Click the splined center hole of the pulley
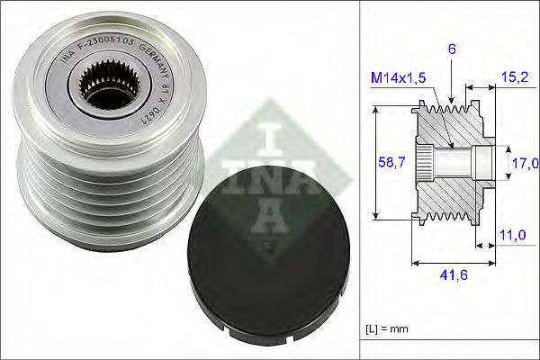pos(97,85)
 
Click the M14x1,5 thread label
pos(399,78)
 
